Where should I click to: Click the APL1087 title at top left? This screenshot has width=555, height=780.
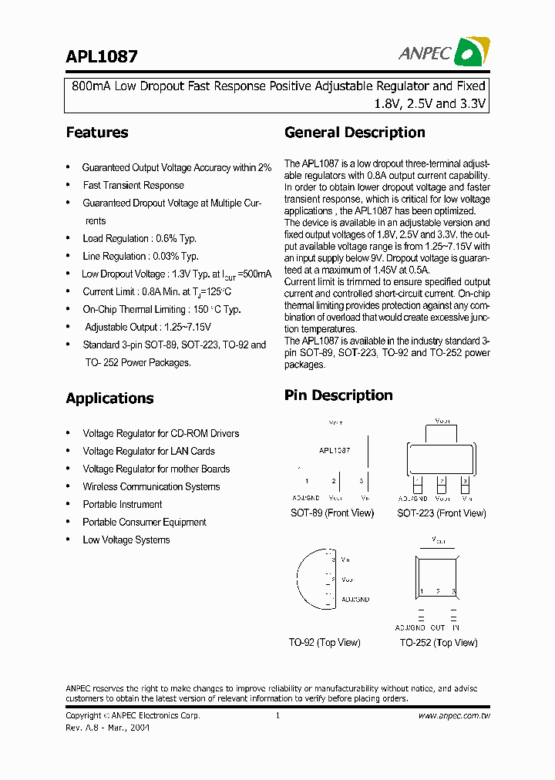pos(102,57)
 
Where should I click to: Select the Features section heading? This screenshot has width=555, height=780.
pos(97,133)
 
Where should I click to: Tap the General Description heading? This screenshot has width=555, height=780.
pos(355,133)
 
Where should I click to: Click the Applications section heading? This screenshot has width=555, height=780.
pos(109,398)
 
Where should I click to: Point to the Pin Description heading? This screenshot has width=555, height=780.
pos(338,395)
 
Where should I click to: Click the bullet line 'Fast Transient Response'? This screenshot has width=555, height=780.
pos(133,186)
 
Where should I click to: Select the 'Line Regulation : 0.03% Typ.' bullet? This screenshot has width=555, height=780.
pos(140,257)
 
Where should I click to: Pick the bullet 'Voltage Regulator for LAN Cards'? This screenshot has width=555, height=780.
pos(149,452)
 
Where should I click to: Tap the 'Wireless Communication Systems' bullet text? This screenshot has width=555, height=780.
pos(151,487)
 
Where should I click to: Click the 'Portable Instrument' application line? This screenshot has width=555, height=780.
pos(123,505)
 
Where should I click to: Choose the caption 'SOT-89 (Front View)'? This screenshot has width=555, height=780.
pos(331,513)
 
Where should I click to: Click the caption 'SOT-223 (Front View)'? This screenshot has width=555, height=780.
pos(442,513)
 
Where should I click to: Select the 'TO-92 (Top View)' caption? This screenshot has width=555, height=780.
pos(325,643)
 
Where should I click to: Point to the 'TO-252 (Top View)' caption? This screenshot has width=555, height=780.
pos(438,643)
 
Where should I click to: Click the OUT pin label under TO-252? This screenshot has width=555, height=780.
pos(438,628)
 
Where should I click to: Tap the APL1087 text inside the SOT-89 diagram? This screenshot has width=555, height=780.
pos(335,451)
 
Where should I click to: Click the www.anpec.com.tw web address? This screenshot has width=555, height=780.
pos(455,716)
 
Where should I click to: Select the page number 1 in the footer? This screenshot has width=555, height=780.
pos(277,716)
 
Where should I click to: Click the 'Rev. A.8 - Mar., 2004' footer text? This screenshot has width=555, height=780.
pos(108,728)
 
